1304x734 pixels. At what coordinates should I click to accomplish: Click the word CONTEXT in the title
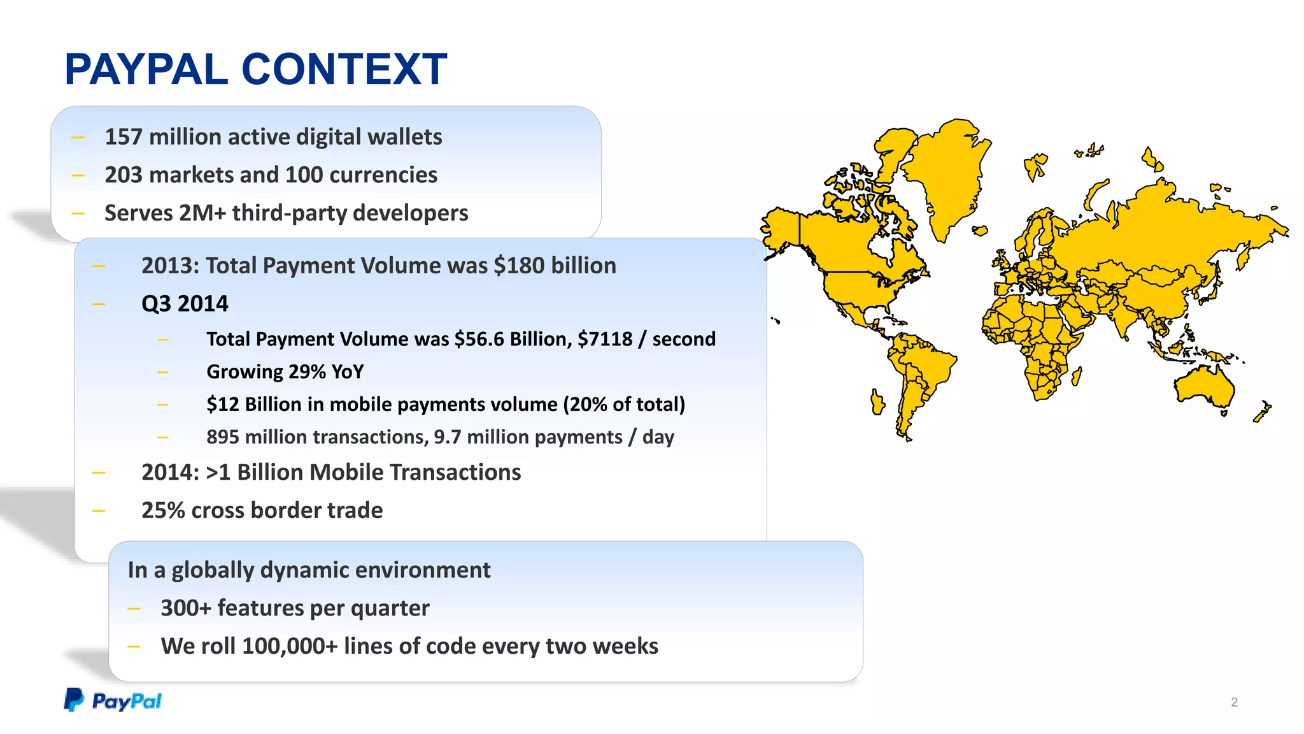pyautogui.click(x=344, y=69)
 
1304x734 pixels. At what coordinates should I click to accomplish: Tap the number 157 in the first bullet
pyautogui.click(x=124, y=137)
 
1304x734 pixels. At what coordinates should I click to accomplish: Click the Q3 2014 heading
pyautogui.click(x=185, y=304)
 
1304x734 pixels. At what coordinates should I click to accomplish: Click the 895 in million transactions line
pyautogui.click(x=223, y=437)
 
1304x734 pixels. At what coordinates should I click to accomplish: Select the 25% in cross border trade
pyautogui.click(x=163, y=510)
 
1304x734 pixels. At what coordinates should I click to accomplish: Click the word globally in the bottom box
pyautogui.click(x=213, y=570)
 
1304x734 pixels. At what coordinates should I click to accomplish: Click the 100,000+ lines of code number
pyautogui.click(x=290, y=646)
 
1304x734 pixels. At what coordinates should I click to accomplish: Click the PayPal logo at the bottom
pyautogui.click(x=113, y=701)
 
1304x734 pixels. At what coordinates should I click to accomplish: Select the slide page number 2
pyautogui.click(x=1234, y=702)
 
